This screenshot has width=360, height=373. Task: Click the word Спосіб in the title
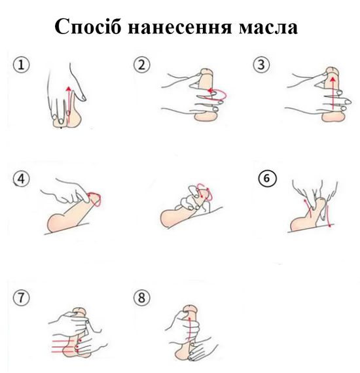pyautogui.click(x=88, y=26)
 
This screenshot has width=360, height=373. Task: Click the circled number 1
pyautogui.click(x=22, y=65)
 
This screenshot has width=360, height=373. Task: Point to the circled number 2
pyautogui.click(x=142, y=65)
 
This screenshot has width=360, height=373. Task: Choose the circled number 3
pyautogui.click(x=261, y=65)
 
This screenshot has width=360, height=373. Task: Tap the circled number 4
pyautogui.click(x=22, y=179)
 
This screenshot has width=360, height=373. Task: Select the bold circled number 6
pyautogui.click(x=268, y=178)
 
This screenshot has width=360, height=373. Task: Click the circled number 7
pyautogui.click(x=22, y=298)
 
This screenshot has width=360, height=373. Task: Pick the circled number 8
pyautogui.click(x=142, y=298)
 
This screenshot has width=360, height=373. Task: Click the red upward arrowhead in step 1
pyautogui.click(x=69, y=89)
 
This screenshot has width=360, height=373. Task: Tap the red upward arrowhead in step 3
pyautogui.click(x=333, y=79)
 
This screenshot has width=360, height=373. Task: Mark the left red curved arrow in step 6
pyautogui.click(x=308, y=207)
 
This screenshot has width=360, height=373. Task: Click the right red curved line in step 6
pyautogui.click(x=328, y=215)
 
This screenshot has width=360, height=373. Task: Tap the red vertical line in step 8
pyautogui.click(x=190, y=331)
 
